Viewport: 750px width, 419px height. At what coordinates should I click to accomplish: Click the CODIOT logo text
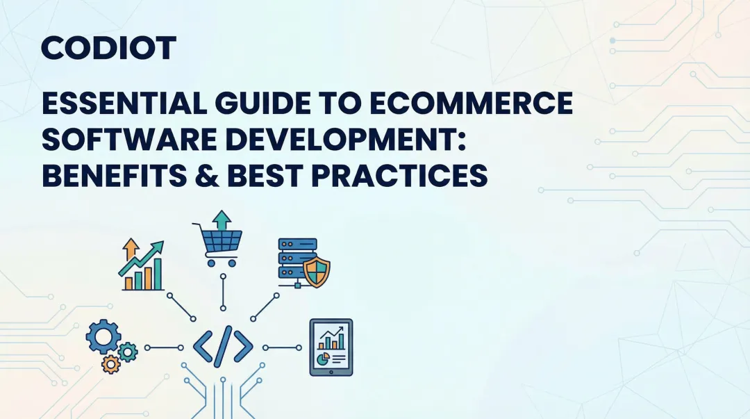coord(108,49)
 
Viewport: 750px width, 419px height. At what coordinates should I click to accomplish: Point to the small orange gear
coord(110,363)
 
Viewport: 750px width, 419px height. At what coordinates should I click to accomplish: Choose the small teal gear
coord(128,352)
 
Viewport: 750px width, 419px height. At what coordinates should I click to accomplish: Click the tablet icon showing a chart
coord(331,347)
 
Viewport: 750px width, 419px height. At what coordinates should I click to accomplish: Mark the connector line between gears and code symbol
coord(164,347)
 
